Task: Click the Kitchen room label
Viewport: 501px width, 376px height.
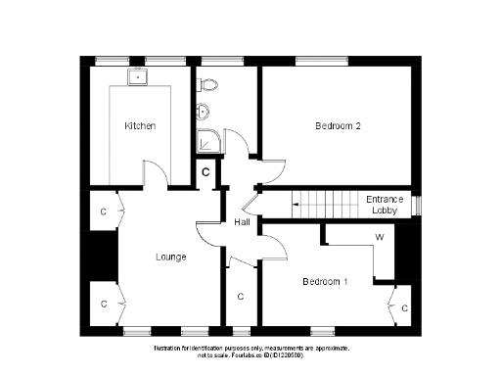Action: tap(139, 126)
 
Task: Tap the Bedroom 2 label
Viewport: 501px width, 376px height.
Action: tap(339, 126)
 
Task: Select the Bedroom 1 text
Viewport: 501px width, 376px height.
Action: tap(325, 282)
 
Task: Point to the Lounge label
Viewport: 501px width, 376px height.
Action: tap(171, 258)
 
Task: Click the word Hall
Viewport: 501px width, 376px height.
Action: tap(243, 222)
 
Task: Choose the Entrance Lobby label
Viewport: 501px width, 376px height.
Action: tap(385, 205)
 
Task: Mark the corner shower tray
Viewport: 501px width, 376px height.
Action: tap(208, 143)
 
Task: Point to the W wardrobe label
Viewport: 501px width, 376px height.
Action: tap(379, 238)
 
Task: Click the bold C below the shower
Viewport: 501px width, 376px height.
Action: tap(205, 172)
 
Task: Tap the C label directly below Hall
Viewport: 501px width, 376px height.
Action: tap(241, 296)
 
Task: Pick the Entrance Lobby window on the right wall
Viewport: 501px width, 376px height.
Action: tap(417, 205)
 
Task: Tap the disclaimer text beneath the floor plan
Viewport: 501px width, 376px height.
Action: tap(250, 352)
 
